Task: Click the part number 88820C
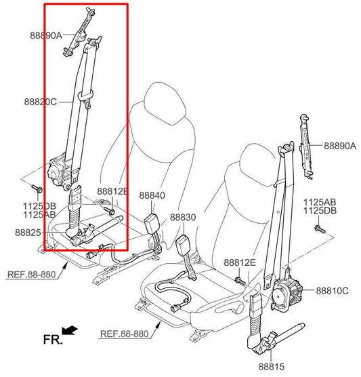[41, 102]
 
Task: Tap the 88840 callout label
[152, 195]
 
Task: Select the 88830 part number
[183, 218]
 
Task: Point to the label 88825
[28, 233]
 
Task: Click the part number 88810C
[332, 291]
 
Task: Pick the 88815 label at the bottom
[271, 367]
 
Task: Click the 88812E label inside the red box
[113, 191]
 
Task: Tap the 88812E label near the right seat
[240, 262]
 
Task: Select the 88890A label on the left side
[46, 35]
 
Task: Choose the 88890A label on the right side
[340, 146]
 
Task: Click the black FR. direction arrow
[69, 330]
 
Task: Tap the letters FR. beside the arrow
[53, 340]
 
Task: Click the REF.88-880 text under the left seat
[31, 275]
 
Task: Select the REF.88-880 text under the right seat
[124, 334]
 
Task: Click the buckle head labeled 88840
[151, 222]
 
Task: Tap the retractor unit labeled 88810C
[286, 294]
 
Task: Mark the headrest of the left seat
[165, 102]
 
